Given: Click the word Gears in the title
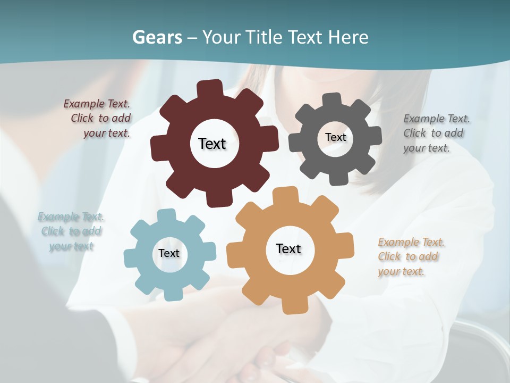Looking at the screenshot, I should pyautogui.click(x=157, y=37).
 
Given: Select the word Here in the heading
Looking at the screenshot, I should pyautogui.click(x=348, y=37).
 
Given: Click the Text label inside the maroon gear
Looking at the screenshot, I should pyautogui.click(x=212, y=144).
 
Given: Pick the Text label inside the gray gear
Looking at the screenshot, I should pyautogui.click(x=335, y=137).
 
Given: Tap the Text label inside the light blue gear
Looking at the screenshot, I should pyautogui.click(x=169, y=253).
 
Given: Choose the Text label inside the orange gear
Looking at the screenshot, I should pyautogui.click(x=288, y=248).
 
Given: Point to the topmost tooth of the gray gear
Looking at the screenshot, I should pyautogui.click(x=332, y=100).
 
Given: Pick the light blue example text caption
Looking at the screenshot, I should pyautogui.click(x=71, y=231).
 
